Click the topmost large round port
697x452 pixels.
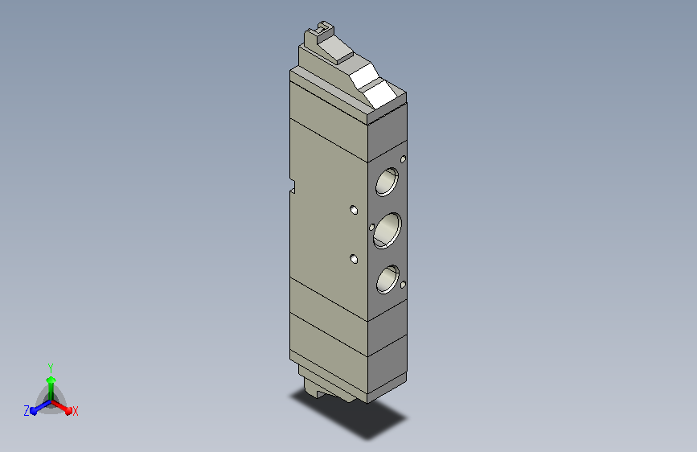point(387,182)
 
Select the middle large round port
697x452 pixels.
point(387,231)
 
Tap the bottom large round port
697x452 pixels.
point(387,279)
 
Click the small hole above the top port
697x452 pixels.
point(404,159)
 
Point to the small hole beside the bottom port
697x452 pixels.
point(404,285)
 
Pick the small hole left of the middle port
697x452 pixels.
point(372,228)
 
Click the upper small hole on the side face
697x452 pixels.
point(354,210)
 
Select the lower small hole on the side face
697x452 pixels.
point(354,258)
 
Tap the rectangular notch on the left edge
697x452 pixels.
point(293,187)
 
